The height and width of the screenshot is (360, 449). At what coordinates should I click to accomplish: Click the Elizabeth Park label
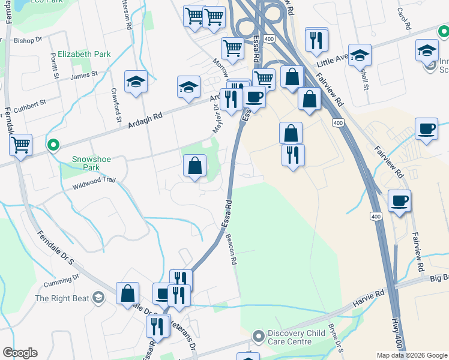(x=85, y=54)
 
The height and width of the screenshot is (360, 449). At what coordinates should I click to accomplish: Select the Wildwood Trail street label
(x=93, y=183)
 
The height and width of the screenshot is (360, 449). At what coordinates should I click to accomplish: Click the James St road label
(x=83, y=75)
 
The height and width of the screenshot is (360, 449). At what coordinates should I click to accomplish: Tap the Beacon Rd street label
(x=232, y=253)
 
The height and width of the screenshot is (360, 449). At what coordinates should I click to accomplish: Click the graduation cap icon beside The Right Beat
(x=98, y=298)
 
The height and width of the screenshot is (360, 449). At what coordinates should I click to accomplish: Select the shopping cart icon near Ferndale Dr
(x=21, y=144)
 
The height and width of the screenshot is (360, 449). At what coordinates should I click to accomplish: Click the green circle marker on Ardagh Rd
(x=53, y=145)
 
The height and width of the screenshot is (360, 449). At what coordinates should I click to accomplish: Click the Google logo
(x=20, y=353)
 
